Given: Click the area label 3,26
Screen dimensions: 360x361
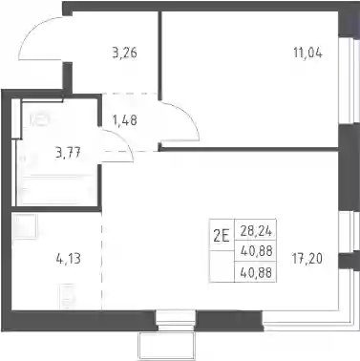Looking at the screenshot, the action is pyautogui.click(x=125, y=53).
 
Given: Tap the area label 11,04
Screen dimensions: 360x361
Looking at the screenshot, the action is pyautogui.click(x=307, y=53).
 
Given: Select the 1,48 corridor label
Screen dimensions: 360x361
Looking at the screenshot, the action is pyautogui.click(x=125, y=120).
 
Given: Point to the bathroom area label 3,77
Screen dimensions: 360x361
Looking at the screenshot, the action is pyautogui.click(x=68, y=153).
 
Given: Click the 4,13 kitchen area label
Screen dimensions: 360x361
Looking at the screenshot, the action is pyautogui.click(x=68, y=259).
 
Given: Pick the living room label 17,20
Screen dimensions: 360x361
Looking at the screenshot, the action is pyautogui.click(x=307, y=259).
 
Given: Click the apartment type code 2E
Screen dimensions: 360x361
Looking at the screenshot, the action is pyautogui.click(x=222, y=236).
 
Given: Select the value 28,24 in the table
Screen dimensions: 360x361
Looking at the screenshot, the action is pyautogui.click(x=256, y=231).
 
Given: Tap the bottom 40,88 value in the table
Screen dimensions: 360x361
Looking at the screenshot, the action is pyautogui.click(x=256, y=272).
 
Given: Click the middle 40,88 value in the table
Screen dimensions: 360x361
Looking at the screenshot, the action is pyautogui.click(x=256, y=251).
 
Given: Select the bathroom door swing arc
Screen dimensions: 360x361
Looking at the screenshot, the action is pyautogui.click(x=124, y=139).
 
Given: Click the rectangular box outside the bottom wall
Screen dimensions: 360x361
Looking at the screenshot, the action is pyautogui.click(x=166, y=346).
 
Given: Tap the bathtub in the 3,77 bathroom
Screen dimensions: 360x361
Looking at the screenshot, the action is pyautogui.click(x=56, y=190).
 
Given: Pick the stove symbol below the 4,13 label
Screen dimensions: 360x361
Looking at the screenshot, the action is pyautogui.click(x=67, y=296).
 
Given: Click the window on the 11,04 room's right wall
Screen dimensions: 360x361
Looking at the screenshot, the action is pyautogui.click(x=349, y=81).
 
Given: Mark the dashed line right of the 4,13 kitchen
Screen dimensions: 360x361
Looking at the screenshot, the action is pyautogui.click(x=102, y=261).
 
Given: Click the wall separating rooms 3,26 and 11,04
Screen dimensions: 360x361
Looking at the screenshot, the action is pyautogui.click(x=160, y=53).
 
